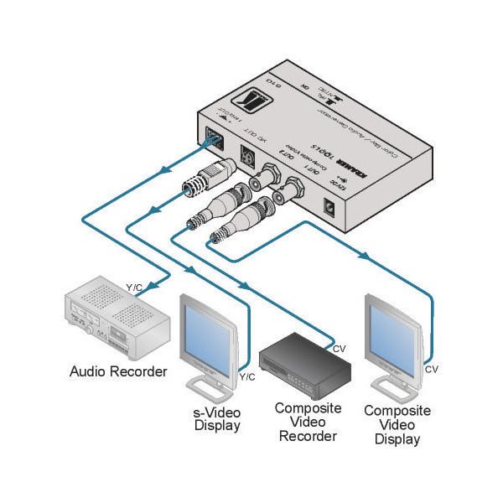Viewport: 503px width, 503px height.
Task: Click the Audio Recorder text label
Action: [x=118, y=371]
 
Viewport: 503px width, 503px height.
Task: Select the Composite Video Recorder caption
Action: [x=307, y=422]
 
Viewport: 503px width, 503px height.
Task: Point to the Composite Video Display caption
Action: [x=397, y=425]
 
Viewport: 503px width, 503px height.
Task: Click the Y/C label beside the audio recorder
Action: [x=134, y=288]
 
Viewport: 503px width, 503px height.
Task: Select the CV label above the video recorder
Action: [x=340, y=348]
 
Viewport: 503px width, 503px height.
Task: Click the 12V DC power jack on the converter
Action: [x=333, y=205]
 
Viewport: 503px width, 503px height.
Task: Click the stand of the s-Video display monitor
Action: [x=207, y=387]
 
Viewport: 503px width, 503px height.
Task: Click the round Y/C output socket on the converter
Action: [x=248, y=156]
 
